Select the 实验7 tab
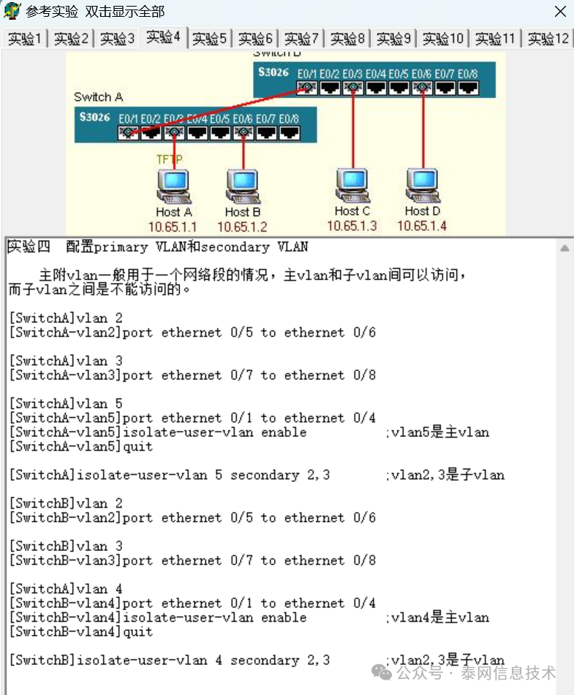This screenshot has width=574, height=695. (301, 39)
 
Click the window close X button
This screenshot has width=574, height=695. (559, 12)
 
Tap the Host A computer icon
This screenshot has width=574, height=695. (173, 187)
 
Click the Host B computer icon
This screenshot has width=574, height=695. (243, 187)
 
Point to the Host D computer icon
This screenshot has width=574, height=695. (423, 186)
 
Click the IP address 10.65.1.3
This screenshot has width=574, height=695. (352, 226)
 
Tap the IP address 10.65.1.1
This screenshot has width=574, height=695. (173, 227)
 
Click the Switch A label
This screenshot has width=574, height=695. (98, 97)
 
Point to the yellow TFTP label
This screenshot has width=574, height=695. (169, 159)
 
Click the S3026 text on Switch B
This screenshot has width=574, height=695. (273, 73)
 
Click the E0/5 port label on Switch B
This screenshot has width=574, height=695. (399, 74)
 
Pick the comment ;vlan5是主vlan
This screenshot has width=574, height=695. (437, 432)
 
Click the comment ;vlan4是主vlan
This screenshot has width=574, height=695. (437, 618)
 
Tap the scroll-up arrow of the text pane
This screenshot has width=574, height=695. (564, 248)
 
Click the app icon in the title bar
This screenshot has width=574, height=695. (12, 12)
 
